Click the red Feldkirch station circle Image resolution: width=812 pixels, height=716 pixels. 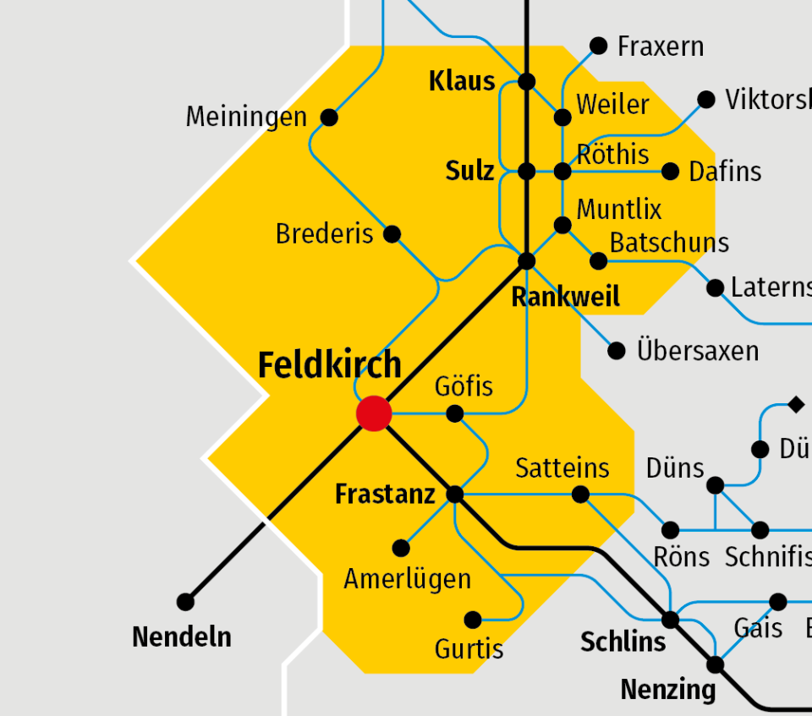374,413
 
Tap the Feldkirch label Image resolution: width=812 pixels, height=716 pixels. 329,365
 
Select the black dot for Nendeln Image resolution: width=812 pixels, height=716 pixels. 185,602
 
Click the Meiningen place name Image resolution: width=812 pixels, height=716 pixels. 246,117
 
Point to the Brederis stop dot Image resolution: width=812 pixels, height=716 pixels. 392,234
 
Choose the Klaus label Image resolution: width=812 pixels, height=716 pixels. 462,81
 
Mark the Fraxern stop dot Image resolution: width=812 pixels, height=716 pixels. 599,46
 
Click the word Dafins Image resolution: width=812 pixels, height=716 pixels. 725,172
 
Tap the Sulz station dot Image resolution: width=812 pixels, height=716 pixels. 527,172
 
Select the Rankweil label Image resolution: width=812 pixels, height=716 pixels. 566,297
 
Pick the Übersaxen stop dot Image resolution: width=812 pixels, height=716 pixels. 617,350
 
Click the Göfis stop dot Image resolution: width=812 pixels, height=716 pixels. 455,413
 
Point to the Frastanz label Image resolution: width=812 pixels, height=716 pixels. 385,495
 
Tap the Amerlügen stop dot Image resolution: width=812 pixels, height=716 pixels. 401,549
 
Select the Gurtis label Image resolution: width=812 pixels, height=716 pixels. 469,649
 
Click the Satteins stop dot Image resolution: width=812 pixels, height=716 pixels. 581,495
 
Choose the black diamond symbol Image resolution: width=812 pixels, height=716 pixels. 796,405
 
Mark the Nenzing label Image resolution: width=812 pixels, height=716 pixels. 667,690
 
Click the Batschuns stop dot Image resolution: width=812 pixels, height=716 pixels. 599,260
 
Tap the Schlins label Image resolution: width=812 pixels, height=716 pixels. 623,642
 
